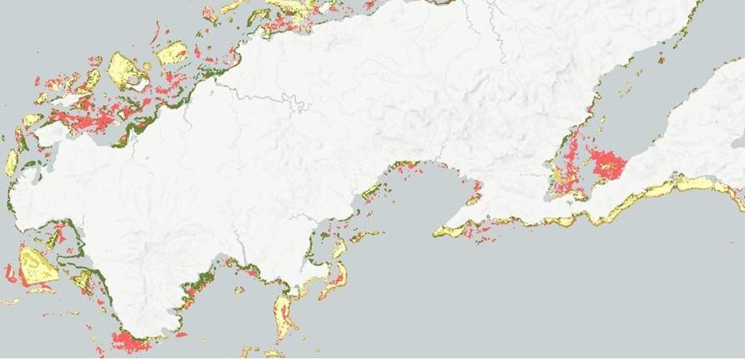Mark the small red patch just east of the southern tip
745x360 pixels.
pyautogui.click(x=180, y=334)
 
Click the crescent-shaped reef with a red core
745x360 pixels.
pyautogui.click(x=337, y=271)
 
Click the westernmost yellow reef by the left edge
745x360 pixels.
pyautogui.click(x=11, y=162)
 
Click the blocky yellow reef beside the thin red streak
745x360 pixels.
pyautogui.click(x=172, y=54)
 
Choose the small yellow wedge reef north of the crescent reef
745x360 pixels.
pyautogui.click(x=339, y=247)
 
